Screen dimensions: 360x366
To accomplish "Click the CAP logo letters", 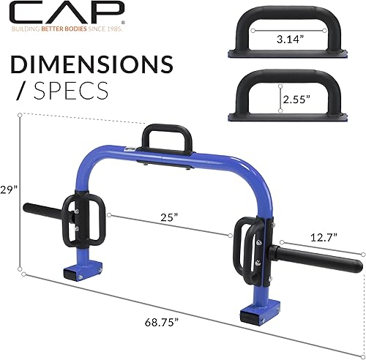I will click(62, 12).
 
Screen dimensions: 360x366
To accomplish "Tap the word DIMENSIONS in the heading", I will click(92, 65).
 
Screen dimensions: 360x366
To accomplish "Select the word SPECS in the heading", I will click(72, 91).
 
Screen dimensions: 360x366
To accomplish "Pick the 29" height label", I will click(9, 188).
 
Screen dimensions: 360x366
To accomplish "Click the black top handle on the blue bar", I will click(167, 139).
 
